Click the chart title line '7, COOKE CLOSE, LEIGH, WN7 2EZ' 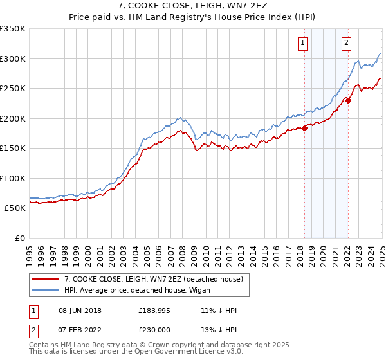192,6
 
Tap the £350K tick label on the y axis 13,29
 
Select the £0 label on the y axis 20,238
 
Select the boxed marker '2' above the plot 346,43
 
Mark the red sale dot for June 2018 304,128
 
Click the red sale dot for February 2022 347,100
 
